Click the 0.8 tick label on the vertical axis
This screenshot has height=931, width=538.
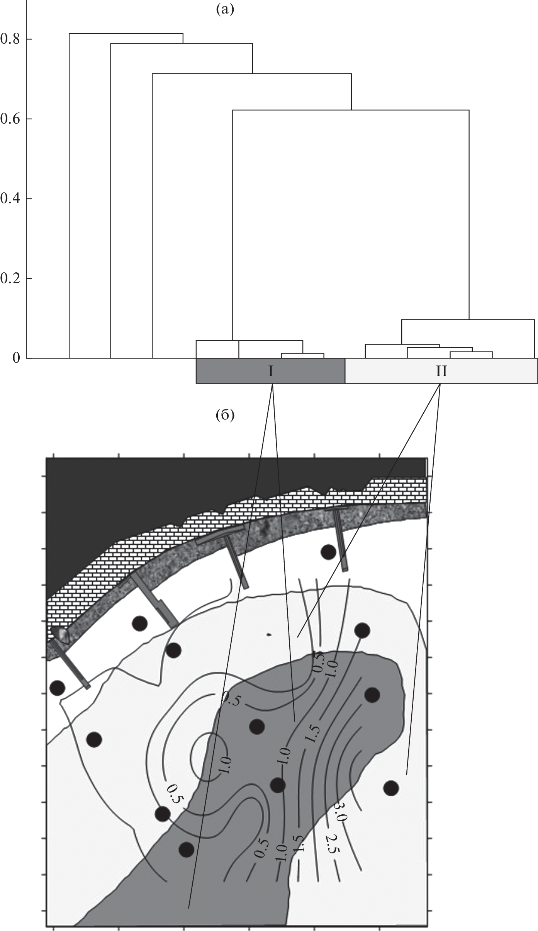pyautogui.click(x=10, y=39)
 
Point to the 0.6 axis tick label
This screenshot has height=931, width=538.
pyautogui.click(x=10, y=119)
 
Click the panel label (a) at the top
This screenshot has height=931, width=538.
pyautogui.click(x=225, y=10)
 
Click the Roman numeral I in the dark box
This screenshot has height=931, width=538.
pyautogui.click(x=271, y=371)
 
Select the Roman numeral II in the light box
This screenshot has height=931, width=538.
pyautogui.click(x=441, y=371)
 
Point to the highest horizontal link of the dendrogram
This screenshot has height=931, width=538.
pyautogui.click(x=126, y=34)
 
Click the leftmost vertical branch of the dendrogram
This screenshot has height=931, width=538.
pyautogui.click(x=69, y=196)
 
